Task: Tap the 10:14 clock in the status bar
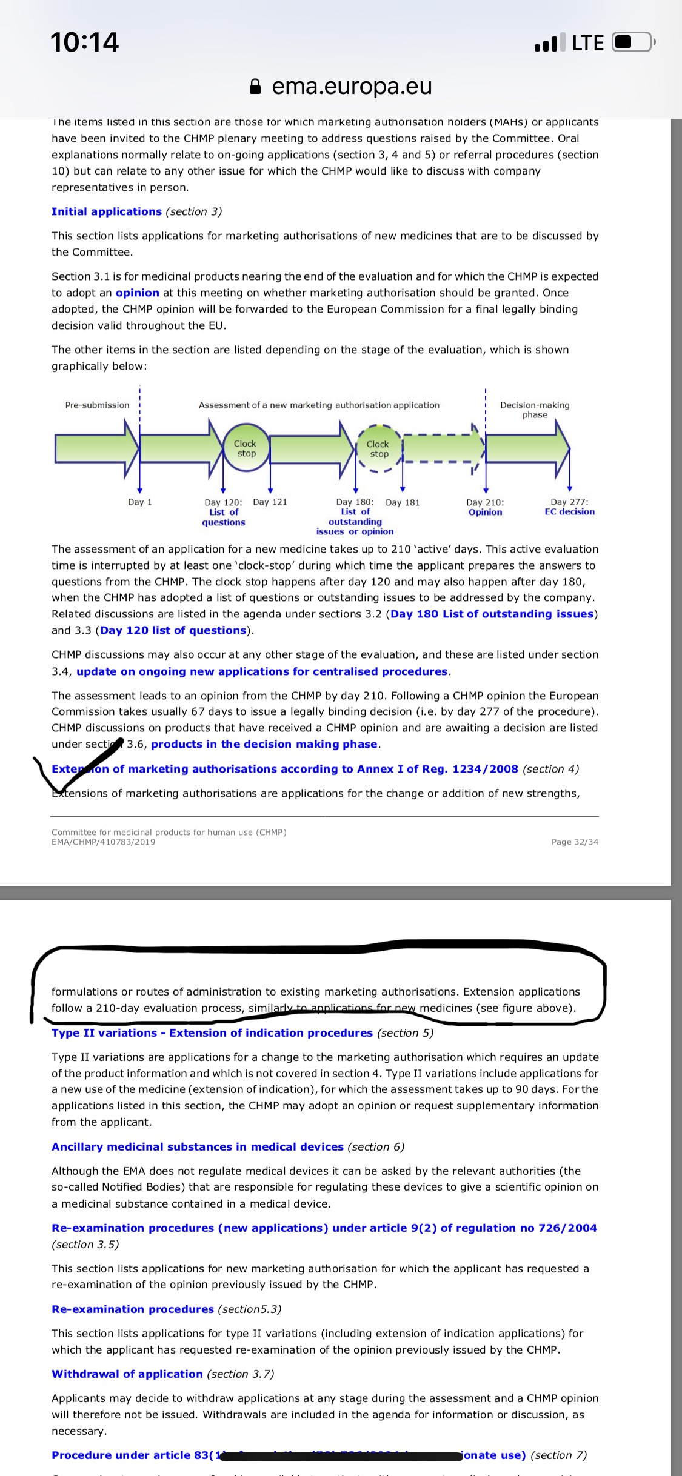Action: [84, 42]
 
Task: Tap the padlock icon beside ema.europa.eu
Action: [256, 87]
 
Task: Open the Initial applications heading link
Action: [107, 211]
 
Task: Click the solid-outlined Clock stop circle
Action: [246, 449]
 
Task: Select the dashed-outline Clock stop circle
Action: [379, 449]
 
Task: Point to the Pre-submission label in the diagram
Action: [97, 405]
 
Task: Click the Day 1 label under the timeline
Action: [140, 502]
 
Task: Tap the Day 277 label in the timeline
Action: [569, 502]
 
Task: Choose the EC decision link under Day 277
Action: [569, 512]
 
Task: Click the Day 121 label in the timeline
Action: [270, 502]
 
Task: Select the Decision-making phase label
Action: [535, 410]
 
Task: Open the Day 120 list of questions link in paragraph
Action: [173, 630]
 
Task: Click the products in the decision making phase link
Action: [264, 744]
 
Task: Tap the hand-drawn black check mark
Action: [79, 766]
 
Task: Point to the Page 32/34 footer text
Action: [575, 842]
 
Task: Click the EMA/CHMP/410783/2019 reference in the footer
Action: [103, 842]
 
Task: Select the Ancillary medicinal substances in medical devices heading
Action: [198, 1146]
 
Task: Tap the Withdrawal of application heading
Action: [127, 1374]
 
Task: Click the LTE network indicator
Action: [587, 42]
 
